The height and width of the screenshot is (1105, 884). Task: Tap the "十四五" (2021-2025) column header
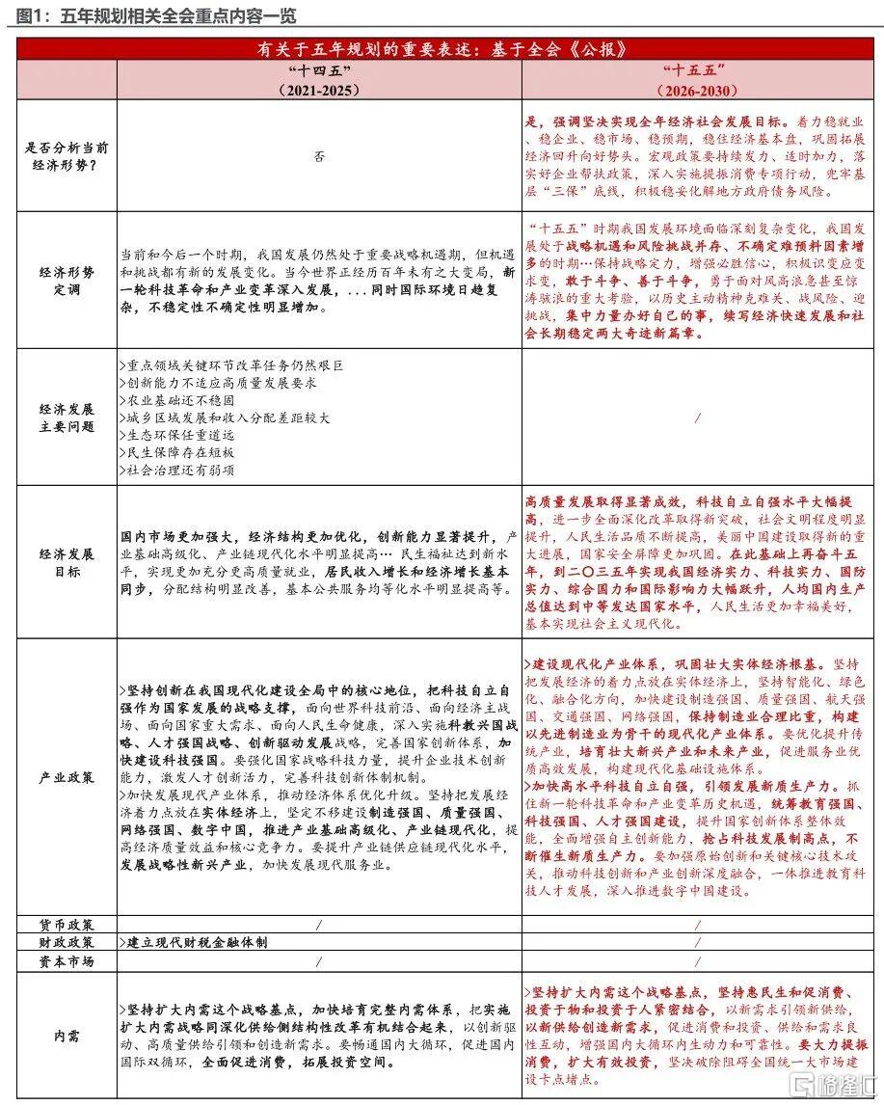[x=319, y=81]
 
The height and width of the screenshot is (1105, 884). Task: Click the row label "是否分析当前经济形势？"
[x=67, y=155]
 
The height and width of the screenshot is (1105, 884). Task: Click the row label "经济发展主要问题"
[x=67, y=417]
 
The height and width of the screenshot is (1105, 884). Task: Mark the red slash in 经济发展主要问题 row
[x=698, y=418]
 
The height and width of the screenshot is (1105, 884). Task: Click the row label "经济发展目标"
[x=67, y=562]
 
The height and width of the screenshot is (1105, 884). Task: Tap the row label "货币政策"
[x=67, y=924]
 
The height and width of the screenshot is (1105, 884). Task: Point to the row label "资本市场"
[x=67, y=961]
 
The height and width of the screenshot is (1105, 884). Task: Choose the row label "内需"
[x=67, y=1037]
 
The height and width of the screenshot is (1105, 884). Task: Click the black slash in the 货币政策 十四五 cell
[x=319, y=924]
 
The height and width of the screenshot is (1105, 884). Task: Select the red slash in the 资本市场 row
[x=698, y=961]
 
